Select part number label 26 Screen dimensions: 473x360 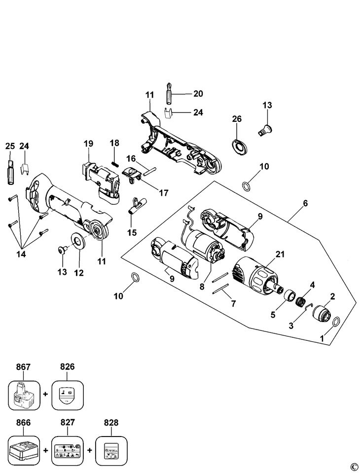(x=237, y=119)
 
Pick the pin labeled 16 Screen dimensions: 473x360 (x=150, y=169)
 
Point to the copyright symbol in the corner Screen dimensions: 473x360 (x=353, y=466)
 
